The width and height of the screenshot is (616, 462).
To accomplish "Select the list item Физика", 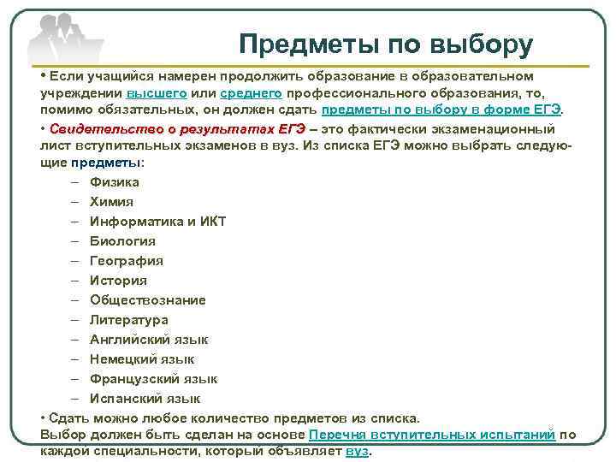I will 114,182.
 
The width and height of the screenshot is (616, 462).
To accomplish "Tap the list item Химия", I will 111,202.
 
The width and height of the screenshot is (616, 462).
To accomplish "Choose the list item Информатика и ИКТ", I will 157,222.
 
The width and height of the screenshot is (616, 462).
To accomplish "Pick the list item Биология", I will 122,241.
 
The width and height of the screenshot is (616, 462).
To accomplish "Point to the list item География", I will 126,261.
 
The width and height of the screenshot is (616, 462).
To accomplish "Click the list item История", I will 118,281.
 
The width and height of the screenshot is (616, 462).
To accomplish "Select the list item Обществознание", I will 147,300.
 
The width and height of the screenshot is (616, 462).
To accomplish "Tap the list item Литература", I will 128,320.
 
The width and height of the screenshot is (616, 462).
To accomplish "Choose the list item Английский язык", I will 149,340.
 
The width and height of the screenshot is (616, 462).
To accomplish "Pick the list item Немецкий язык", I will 142,359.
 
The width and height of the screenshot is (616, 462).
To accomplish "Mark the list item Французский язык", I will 153,379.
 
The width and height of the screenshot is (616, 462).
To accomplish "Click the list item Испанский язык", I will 145,399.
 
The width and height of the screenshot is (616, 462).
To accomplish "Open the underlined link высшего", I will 157,93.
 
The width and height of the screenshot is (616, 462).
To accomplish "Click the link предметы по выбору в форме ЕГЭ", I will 441,110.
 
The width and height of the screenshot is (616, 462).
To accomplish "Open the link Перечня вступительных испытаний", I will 432,435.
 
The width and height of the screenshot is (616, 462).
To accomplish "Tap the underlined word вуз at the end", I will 356,452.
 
